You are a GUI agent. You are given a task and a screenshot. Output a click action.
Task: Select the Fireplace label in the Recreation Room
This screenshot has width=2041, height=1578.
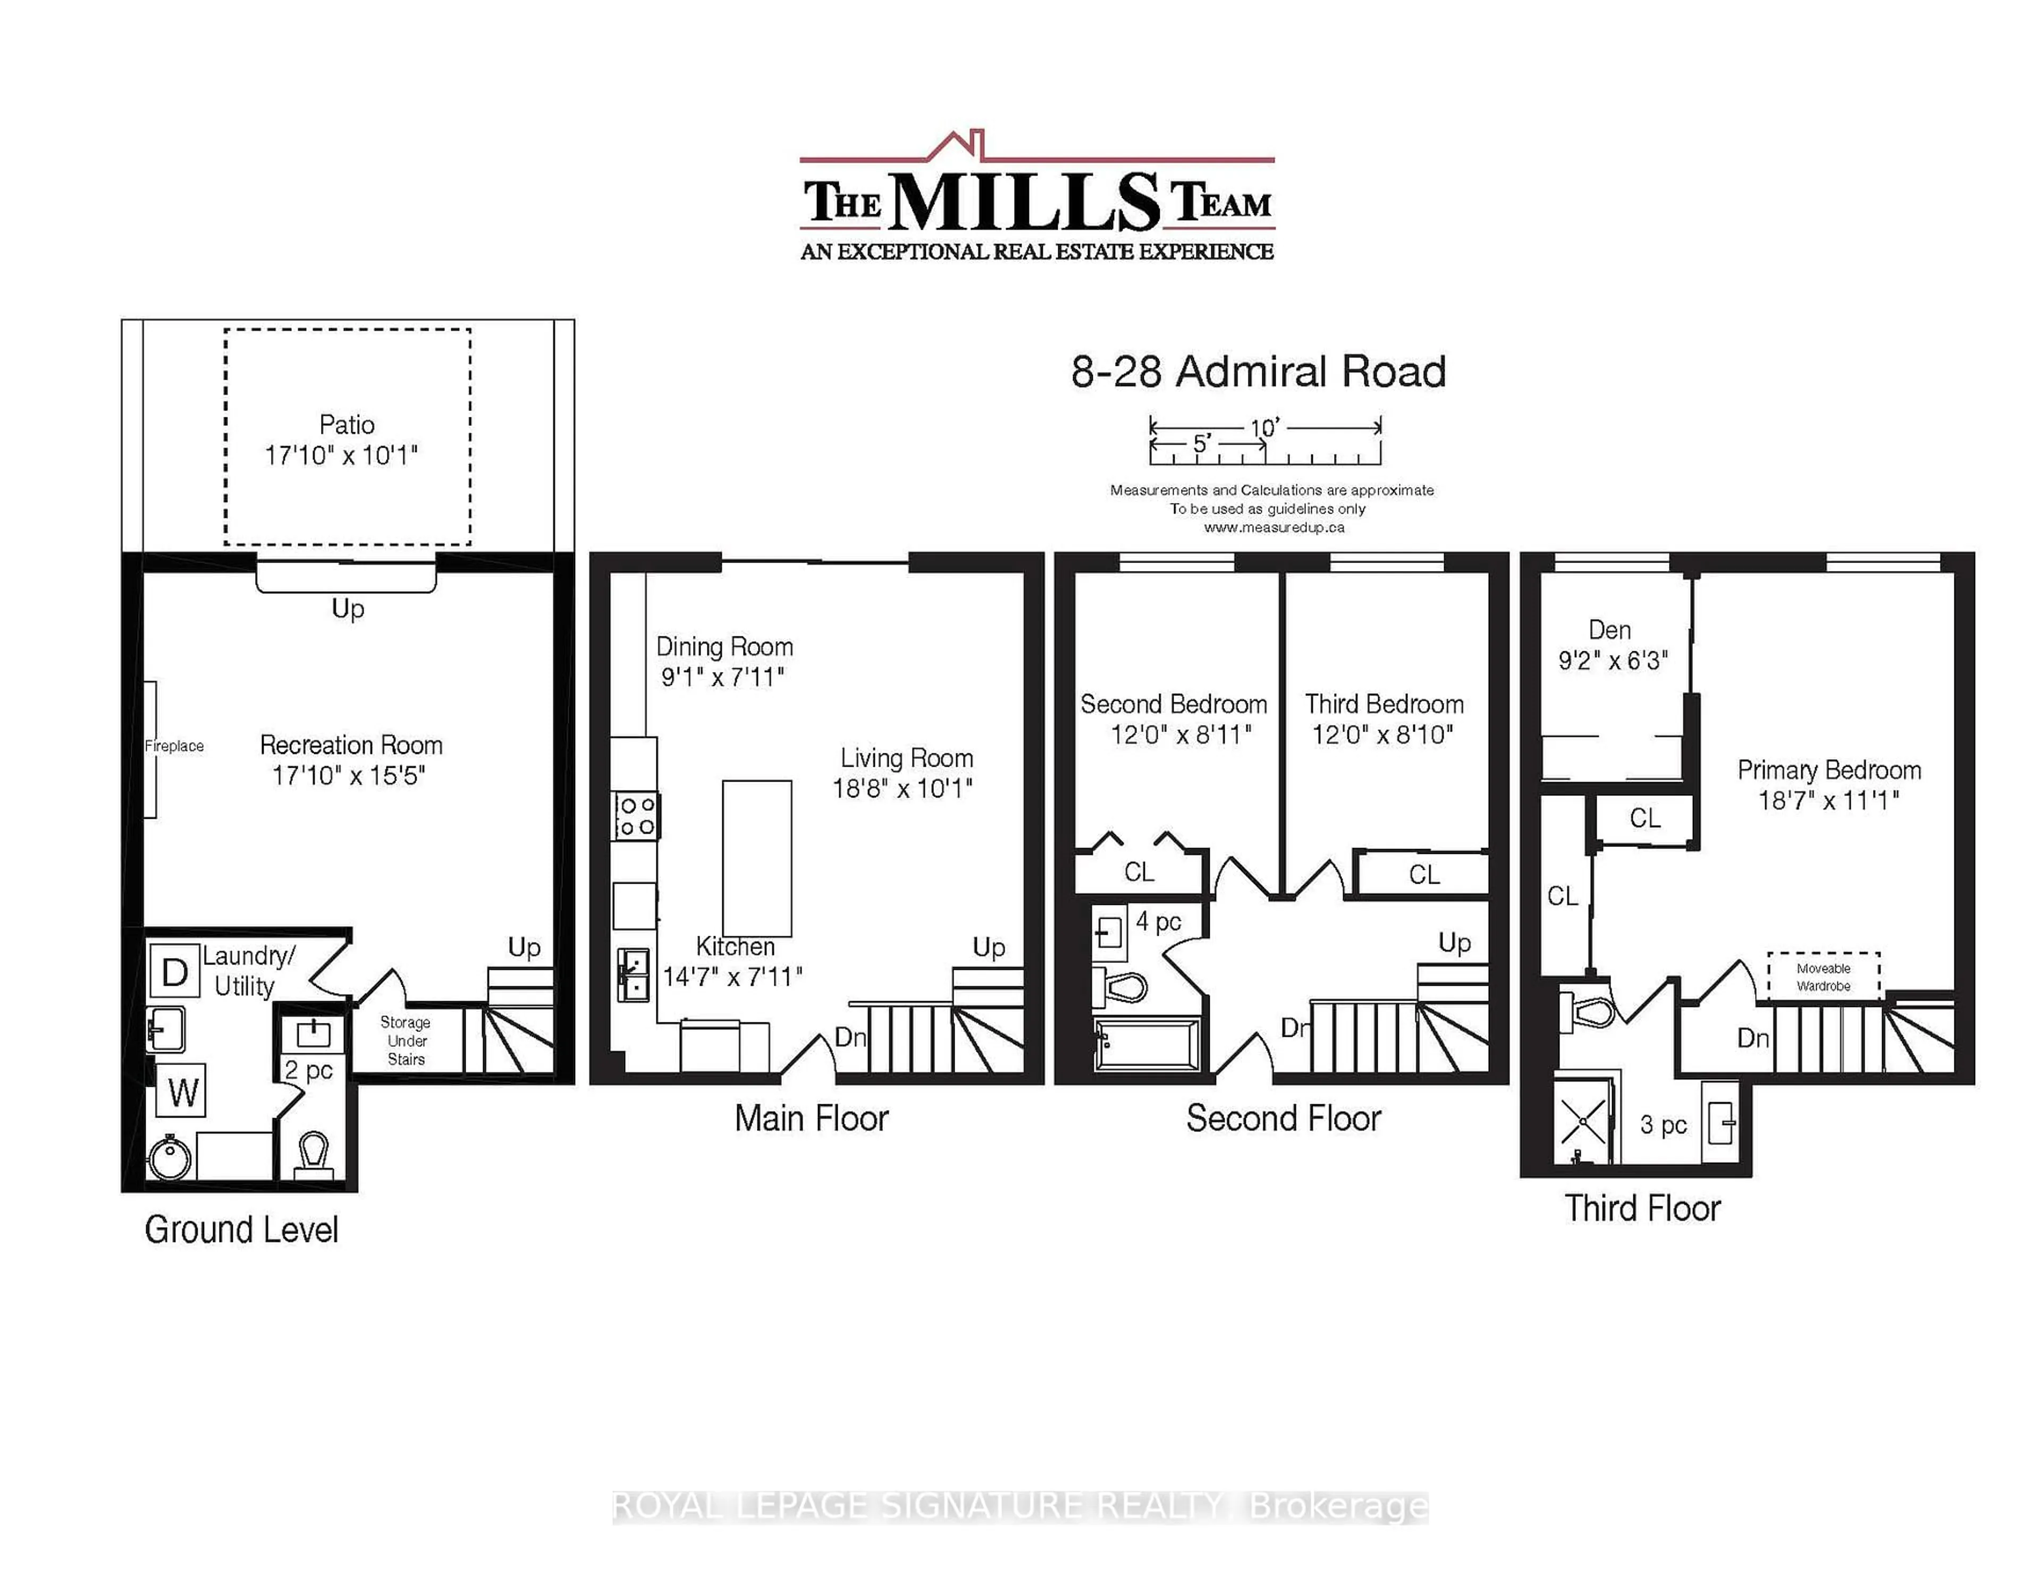(x=174, y=746)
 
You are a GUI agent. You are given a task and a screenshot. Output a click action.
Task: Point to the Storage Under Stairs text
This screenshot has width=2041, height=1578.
(x=406, y=1040)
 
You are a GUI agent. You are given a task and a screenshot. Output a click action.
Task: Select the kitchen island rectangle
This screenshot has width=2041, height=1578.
(x=757, y=858)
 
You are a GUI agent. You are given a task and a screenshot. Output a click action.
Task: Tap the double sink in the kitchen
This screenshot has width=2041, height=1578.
(x=634, y=974)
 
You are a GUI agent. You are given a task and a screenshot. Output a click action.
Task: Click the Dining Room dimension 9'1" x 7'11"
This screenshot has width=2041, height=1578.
(x=722, y=677)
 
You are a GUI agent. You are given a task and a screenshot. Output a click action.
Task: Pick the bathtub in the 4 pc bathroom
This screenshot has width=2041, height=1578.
(x=1148, y=1044)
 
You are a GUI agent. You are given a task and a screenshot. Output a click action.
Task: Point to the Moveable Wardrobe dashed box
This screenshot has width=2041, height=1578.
(x=1823, y=977)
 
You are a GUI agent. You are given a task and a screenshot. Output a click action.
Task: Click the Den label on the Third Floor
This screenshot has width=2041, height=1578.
(x=1609, y=630)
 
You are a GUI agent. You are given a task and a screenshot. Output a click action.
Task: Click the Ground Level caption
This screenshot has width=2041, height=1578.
(x=241, y=1229)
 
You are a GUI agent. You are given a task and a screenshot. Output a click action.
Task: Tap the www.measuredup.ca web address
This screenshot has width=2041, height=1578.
(x=1273, y=527)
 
